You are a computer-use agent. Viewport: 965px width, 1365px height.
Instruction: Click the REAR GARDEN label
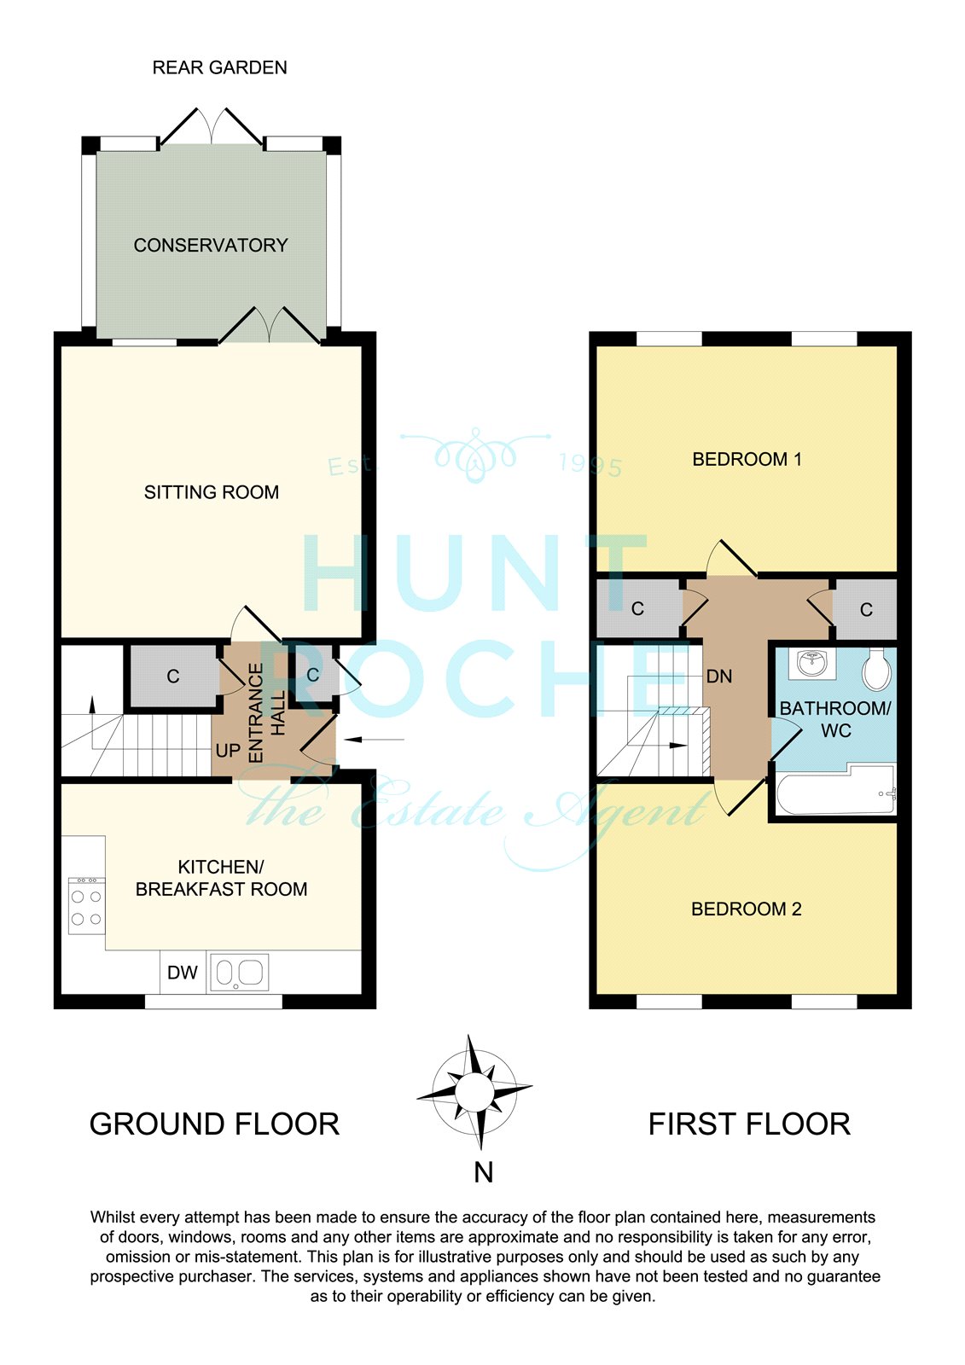(x=219, y=67)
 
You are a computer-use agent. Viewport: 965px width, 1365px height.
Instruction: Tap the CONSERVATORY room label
(x=210, y=245)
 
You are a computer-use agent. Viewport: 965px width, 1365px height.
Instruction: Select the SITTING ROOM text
(x=211, y=491)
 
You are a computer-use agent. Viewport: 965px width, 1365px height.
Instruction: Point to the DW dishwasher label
(x=183, y=972)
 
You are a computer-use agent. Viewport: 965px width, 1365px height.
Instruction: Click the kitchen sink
(x=240, y=972)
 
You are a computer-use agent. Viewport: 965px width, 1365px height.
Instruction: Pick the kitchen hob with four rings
(x=86, y=905)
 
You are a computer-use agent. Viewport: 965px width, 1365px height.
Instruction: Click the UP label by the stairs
(x=228, y=750)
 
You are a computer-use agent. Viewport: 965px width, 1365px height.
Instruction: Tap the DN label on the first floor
(x=718, y=676)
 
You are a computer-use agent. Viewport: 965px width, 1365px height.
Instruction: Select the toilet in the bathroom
(x=876, y=668)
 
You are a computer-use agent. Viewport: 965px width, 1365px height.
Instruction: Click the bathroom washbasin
(x=811, y=663)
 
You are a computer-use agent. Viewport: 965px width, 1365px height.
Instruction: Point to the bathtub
(x=836, y=790)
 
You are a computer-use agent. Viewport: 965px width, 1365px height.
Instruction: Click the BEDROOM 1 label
(x=747, y=459)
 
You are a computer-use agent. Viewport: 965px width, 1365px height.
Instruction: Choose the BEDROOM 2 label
(x=747, y=909)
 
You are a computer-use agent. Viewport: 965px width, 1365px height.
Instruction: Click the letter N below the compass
(x=484, y=1172)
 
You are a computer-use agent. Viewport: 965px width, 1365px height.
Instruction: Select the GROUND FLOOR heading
(x=214, y=1124)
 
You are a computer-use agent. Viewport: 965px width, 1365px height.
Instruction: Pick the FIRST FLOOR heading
(x=749, y=1124)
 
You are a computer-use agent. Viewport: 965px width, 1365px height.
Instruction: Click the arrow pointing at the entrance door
(x=374, y=740)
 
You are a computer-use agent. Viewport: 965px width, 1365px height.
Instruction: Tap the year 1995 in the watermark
(x=590, y=466)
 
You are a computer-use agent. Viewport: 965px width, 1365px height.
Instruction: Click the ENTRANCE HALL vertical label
(x=266, y=713)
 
